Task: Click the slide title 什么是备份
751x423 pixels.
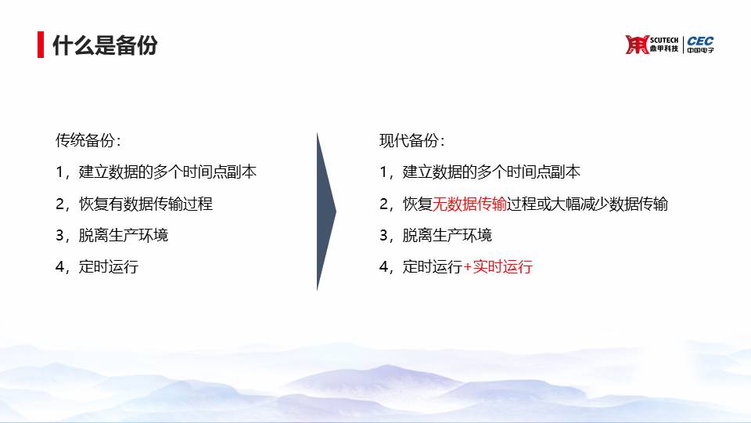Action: (105, 45)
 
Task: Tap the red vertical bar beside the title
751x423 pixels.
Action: (41, 45)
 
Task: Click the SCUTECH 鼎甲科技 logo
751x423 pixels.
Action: (652, 45)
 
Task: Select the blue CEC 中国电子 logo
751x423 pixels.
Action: (700, 44)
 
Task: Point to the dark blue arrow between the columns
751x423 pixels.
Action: (326, 211)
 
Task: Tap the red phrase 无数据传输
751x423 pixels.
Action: (469, 204)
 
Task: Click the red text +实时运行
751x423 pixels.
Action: (498, 266)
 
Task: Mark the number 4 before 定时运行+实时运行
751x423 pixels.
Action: (383, 266)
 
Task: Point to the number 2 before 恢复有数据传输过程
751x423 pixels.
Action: (60, 204)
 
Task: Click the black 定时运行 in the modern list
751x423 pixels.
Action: (433, 266)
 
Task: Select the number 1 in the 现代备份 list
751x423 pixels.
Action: (383, 172)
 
